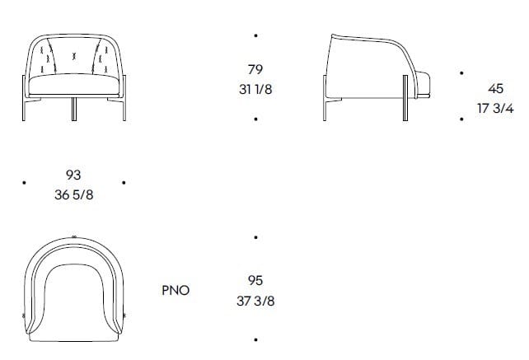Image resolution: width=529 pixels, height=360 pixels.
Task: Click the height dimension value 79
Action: coord(255,70)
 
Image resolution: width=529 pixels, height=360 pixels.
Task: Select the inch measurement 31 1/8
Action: coord(255,89)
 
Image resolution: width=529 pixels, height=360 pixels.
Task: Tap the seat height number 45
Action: coord(496,88)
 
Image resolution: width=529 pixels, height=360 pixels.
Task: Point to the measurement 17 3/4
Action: coord(496,107)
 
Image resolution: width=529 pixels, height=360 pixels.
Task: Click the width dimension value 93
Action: coord(73,175)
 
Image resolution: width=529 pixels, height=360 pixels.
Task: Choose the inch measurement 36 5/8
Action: coord(73,194)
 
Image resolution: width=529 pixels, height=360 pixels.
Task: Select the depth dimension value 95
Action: coord(255,281)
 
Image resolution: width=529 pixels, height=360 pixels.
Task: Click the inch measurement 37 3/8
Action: coord(255,301)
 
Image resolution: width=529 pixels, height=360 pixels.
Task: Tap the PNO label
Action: coord(176,290)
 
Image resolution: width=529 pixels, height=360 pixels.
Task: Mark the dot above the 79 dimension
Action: coord(256,35)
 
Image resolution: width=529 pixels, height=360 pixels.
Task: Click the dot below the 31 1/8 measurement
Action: coord(256,119)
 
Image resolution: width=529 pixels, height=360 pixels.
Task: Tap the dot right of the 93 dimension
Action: coord(123,183)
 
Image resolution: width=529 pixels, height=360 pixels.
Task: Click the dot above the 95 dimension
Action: coord(256,237)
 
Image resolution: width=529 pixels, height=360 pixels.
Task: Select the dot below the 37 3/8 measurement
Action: coord(256,339)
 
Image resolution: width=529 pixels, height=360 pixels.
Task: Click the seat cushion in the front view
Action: coord(73,87)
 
